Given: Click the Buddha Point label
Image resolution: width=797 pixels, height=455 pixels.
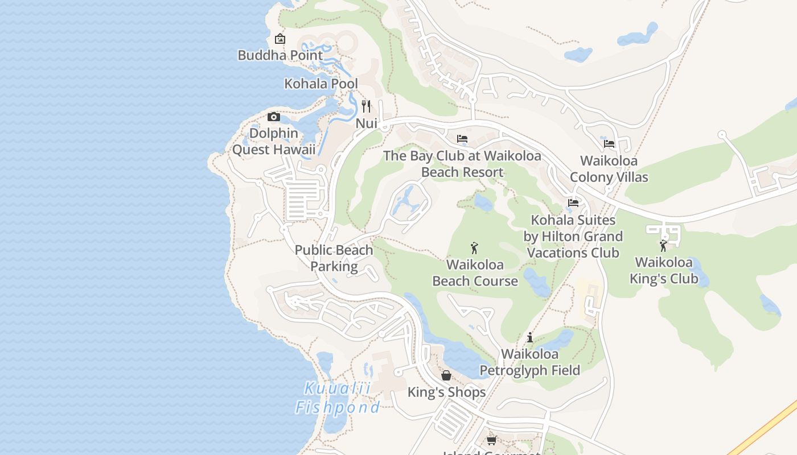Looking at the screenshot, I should (x=280, y=55).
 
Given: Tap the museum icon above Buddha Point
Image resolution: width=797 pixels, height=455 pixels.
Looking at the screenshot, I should (x=280, y=39).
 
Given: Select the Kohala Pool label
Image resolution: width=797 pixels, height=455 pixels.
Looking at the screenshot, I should (x=321, y=84).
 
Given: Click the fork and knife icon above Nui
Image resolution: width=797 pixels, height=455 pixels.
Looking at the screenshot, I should (x=366, y=106).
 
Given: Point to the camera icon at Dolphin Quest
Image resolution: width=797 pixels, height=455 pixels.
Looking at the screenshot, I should (x=274, y=117).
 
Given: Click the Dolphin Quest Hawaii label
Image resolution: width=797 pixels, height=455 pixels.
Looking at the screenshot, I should (x=274, y=142).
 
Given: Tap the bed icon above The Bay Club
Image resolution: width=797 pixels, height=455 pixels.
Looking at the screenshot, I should (x=462, y=138).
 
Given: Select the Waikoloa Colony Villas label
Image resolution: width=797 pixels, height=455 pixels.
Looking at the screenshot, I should (x=609, y=169).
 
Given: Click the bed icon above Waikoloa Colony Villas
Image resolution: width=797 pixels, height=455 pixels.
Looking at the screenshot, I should (x=609, y=143).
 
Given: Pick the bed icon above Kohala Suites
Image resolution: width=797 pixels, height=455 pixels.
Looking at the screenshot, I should (x=573, y=202).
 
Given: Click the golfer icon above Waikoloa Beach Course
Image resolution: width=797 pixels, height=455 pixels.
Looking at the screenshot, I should (x=474, y=247).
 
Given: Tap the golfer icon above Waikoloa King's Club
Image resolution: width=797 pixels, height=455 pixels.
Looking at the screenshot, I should (x=663, y=246).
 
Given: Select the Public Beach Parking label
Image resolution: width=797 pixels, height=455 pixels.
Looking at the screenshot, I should (x=334, y=258).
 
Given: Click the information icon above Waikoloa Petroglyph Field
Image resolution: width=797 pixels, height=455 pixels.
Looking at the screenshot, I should (x=530, y=337).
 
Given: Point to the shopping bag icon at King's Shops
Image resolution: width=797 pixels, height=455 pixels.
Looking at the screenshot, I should (x=446, y=375).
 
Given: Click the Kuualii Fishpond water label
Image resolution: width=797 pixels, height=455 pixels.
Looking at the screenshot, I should (x=337, y=398).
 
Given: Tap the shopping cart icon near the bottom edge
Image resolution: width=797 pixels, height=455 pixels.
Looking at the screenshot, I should (x=491, y=440).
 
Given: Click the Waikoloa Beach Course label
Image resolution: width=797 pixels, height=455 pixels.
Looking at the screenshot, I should (x=475, y=273).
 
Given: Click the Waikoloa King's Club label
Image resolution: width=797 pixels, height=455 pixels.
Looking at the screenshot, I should (x=664, y=271).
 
